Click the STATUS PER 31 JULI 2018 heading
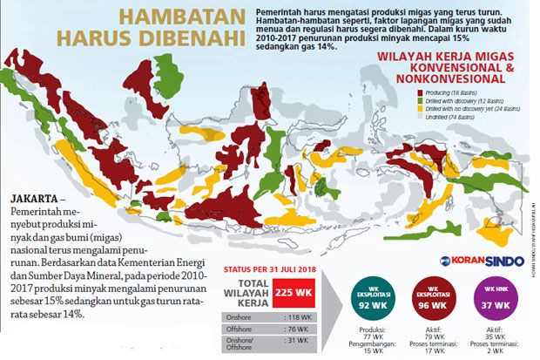click(x=271, y=269)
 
